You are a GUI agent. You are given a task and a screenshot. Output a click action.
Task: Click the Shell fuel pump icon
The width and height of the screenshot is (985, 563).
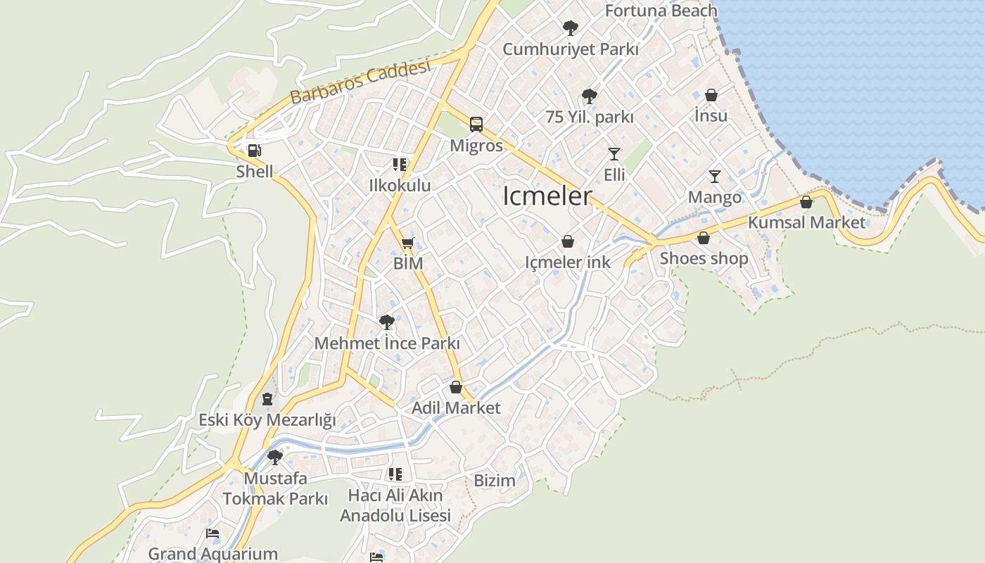click(x=254, y=150)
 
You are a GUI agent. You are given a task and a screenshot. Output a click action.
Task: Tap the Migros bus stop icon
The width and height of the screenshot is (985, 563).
click(x=476, y=125)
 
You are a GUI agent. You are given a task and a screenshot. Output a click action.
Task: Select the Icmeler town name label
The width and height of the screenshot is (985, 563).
click(x=547, y=196)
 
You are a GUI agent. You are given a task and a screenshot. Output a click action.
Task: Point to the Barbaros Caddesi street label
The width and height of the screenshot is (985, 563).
click(x=360, y=83)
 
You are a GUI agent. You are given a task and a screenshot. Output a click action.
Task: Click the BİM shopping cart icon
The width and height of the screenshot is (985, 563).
click(x=407, y=243)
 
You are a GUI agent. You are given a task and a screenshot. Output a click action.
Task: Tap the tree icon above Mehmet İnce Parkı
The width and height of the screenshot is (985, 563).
click(x=386, y=322)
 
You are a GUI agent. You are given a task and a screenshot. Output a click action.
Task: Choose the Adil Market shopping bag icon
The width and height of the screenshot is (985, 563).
click(x=456, y=387)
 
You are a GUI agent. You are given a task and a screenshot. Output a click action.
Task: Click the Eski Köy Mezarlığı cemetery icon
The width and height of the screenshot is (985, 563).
click(x=267, y=399)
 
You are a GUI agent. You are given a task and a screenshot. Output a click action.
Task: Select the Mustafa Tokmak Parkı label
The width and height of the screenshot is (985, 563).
click(x=275, y=488)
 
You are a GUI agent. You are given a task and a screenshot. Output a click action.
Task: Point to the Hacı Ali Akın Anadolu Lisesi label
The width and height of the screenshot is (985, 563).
click(x=395, y=505)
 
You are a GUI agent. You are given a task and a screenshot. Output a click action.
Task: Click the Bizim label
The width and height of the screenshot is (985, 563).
click(x=495, y=481)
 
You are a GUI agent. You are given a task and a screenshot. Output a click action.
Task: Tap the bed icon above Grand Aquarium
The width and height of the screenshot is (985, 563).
click(x=212, y=533)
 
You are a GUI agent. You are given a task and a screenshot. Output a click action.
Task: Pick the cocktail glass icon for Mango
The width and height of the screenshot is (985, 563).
click(x=715, y=176)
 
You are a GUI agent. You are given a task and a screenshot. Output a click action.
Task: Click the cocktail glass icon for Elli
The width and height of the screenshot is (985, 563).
click(x=614, y=153)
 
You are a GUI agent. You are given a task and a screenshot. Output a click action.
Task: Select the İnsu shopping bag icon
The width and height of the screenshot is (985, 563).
click(x=711, y=95)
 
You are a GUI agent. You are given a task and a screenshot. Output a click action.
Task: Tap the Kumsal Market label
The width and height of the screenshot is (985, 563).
click(x=806, y=222)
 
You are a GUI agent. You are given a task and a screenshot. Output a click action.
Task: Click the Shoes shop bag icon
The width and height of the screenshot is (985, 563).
click(x=704, y=238)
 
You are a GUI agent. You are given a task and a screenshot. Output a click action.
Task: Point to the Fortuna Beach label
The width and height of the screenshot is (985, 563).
click(x=661, y=11)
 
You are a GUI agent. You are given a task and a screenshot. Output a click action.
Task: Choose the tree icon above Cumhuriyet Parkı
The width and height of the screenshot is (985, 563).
click(x=571, y=28)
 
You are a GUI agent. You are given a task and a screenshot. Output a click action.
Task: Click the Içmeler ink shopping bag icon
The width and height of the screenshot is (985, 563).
click(x=568, y=241)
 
